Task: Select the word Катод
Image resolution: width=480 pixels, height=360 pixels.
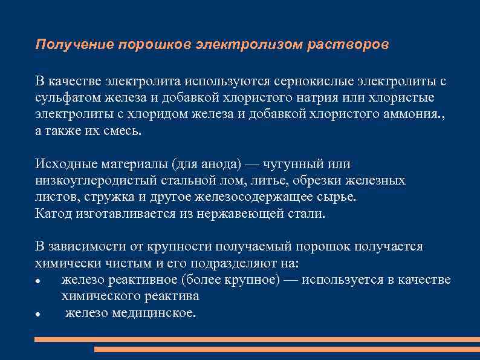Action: pyautogui.click(x=53, y=213)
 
